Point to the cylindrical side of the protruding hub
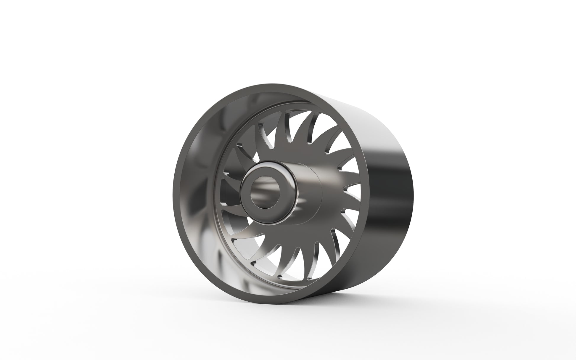(305, 189)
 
